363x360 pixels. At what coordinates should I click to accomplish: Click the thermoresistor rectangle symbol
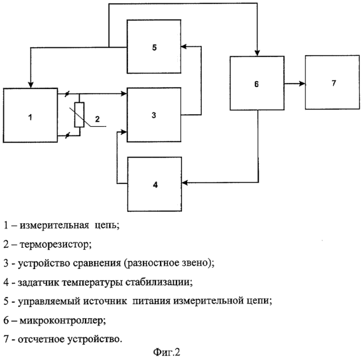80,115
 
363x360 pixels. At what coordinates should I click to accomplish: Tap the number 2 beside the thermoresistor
98,119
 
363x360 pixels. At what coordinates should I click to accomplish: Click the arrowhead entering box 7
303,84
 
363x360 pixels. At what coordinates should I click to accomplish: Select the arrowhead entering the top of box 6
257,53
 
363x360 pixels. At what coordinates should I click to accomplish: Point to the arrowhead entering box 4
185,183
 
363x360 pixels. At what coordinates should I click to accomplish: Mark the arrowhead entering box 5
184,46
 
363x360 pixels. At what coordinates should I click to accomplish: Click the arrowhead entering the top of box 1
31,85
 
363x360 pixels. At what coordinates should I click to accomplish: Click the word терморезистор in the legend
56,244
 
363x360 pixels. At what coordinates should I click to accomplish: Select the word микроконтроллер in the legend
63,320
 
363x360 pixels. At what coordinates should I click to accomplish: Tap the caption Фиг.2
167,352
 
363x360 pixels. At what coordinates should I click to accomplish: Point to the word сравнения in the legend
98,263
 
